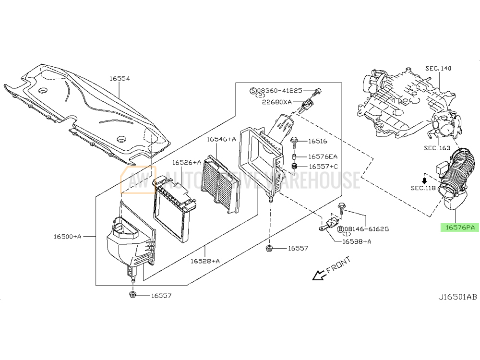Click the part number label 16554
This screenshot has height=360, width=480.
[x=120, y=79]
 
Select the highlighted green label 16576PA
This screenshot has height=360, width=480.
[x=460, y=228]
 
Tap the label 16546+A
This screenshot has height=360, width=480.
[x=221, y=139]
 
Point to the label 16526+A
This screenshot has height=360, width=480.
[x=187, y=163]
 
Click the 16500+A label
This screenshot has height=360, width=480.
[x=68, y=236]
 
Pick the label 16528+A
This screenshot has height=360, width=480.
[x=205, y=261]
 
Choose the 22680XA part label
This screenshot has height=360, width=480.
[x=277, y=102]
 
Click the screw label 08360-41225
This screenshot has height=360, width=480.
[x=279, y=91]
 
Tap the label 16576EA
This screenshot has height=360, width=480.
[x=323, y=157]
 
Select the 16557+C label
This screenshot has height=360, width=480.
[x=323, y=167]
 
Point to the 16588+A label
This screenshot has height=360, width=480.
[x=357, y=241]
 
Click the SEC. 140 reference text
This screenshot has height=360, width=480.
[x=438, y=68]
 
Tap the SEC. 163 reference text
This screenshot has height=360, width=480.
[x=437, y=148]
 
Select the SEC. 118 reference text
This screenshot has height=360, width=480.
[x=423, y=188]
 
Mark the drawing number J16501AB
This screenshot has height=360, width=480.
[x=457, y=297]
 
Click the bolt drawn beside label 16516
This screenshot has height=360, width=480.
[x=294, y=142]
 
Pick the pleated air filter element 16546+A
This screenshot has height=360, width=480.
[x=221, y=184]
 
